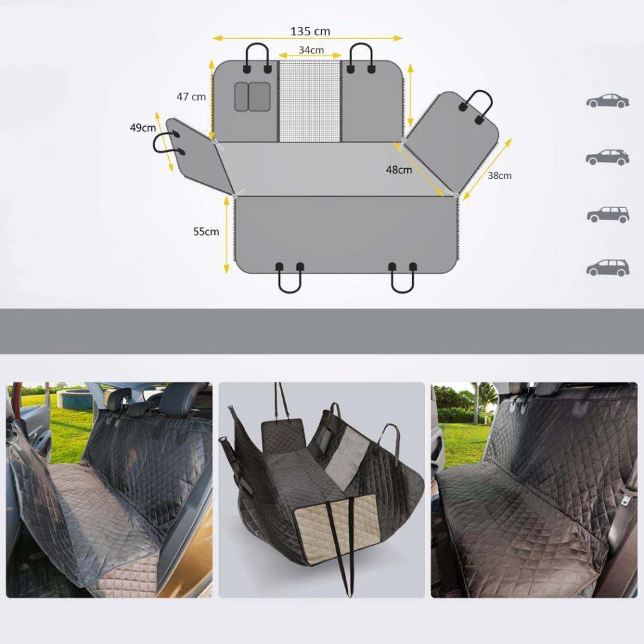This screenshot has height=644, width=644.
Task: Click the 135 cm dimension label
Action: [x=310, y=31]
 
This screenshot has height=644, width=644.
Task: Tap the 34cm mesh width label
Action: [x=311, y=50]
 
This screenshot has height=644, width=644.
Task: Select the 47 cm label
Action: [x=191, y=97]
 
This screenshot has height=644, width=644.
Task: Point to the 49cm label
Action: [x=143, y=127]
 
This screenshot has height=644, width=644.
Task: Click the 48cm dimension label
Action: [x=399, y=169]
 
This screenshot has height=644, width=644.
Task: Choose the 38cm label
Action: [x=500, y=176]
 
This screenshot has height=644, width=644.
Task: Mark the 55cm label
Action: [x=206, y=232]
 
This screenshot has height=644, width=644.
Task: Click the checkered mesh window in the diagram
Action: [x=310, y=102]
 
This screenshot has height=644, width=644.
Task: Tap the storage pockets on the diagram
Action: [x=253, y=96]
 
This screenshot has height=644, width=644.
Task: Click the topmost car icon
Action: [x=607, y=100]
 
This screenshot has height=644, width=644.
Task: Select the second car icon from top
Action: [x=607, y=157]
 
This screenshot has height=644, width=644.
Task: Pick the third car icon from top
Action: [x=608, y=214]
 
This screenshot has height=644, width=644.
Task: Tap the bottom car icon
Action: [x=607, y=267]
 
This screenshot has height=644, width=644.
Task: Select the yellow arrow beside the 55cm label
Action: [x=226, y=235]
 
